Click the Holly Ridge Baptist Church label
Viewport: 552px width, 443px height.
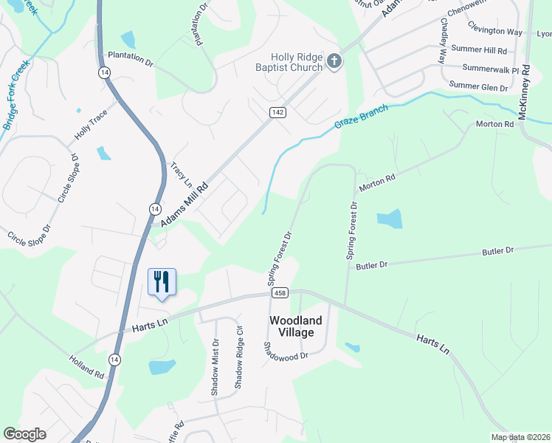tap(297, 62)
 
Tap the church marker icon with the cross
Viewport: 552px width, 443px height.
tap(334, 61)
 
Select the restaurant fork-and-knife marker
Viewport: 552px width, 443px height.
tap(162, 282)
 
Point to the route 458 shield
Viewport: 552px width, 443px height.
tap(279, 293)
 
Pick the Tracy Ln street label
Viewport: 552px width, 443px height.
tap(181, 174)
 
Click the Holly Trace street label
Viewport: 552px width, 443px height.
tap(91, 126)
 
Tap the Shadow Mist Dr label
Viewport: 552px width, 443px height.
tap(215, 367)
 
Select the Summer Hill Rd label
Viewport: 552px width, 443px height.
tap(479, 51)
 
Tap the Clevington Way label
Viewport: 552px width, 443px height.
tap(495, 31)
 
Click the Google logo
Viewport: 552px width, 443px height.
tap(24, 434)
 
